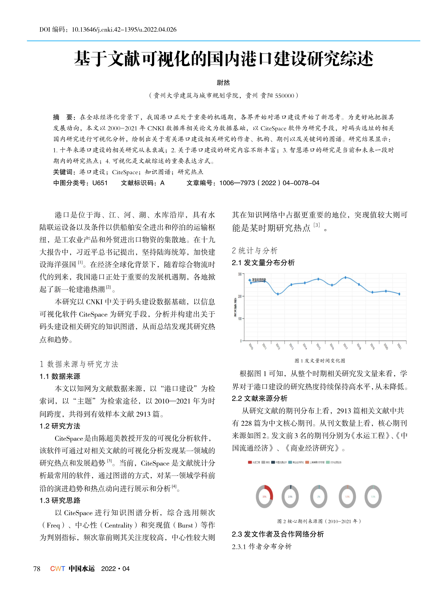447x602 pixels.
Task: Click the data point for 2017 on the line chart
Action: (345, 277)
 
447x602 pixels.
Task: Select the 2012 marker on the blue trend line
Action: (278, 294)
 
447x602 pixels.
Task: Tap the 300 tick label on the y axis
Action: (240, 274)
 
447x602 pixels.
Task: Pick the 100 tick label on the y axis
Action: (240, 319)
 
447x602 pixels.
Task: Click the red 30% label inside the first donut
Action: (264, 497)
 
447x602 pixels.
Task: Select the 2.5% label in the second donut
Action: (290, 497)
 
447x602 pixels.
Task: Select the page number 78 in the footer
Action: (37, 569)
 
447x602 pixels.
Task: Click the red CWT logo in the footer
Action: (57, 569)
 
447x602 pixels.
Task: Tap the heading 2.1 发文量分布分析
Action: (263, 263)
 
